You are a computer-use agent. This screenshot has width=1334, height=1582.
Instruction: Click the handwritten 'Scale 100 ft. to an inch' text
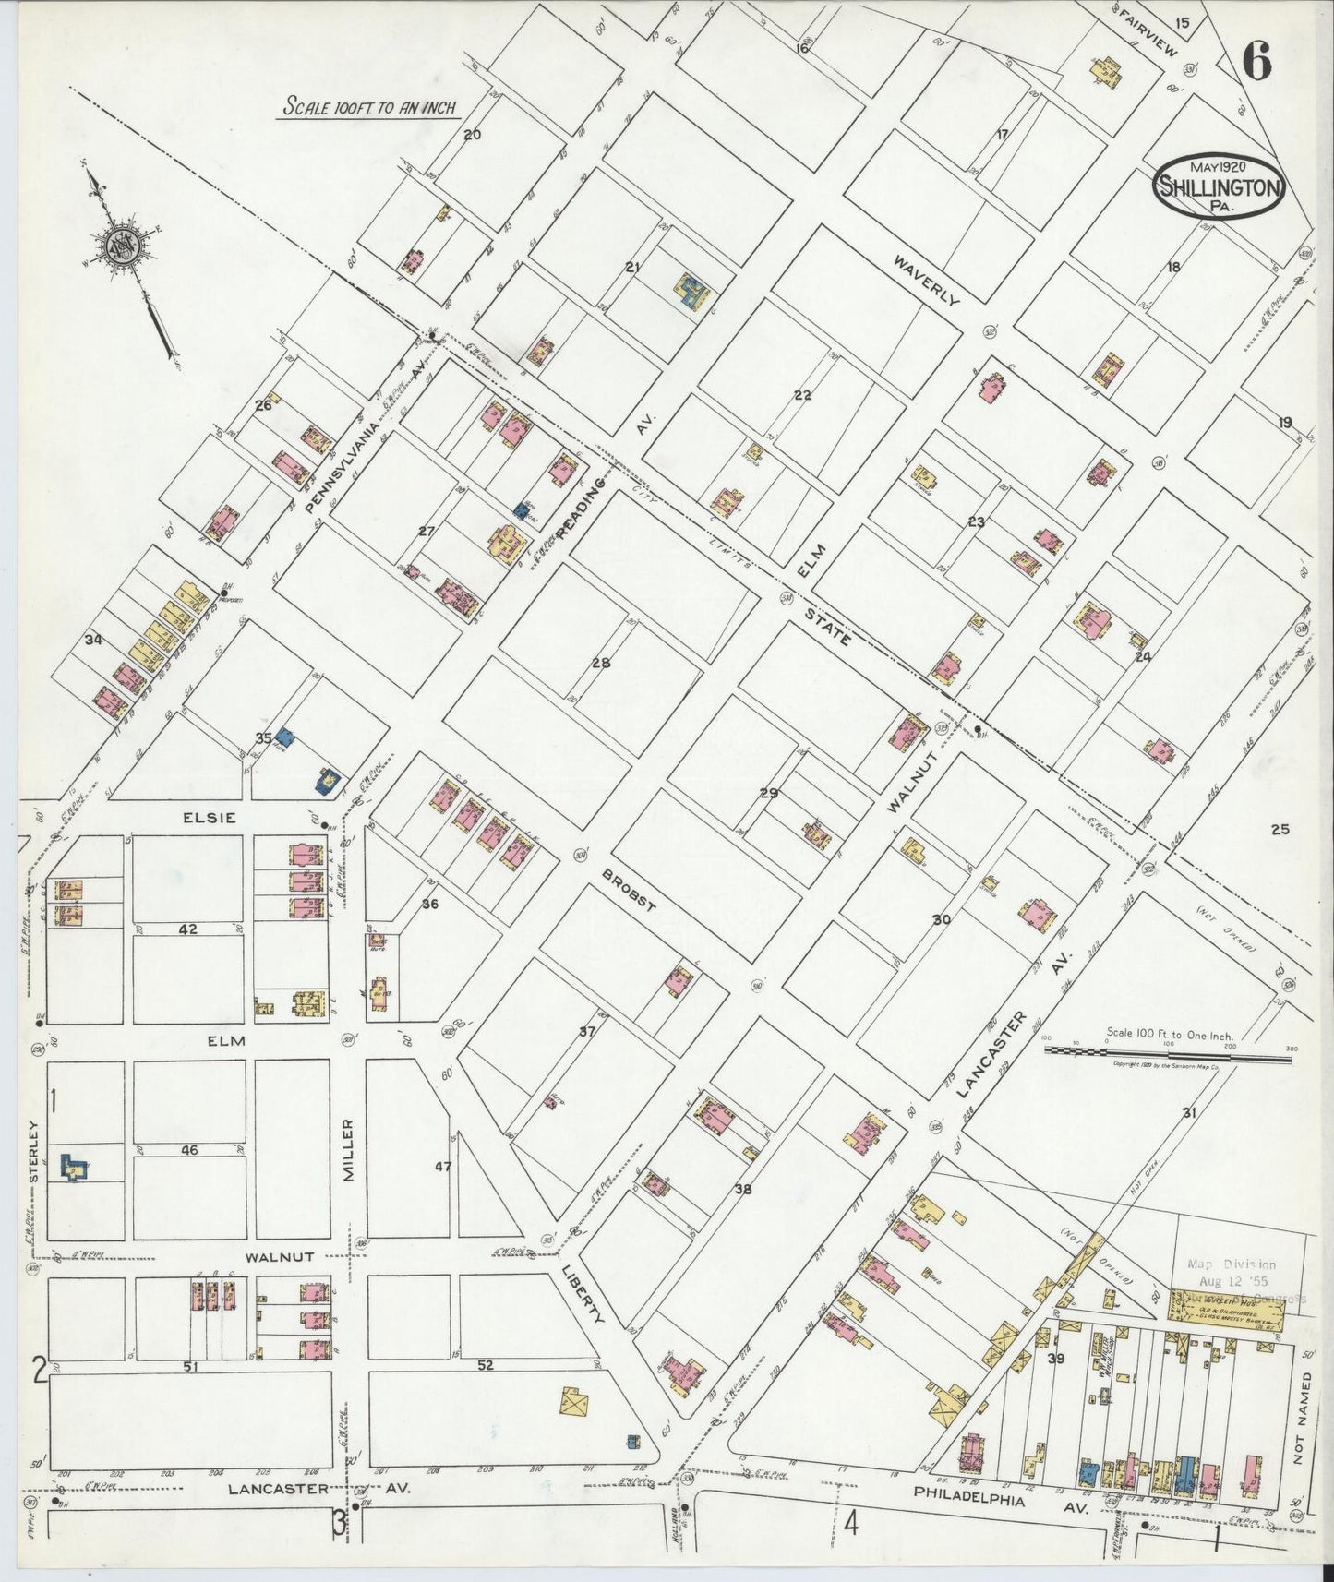pyautogui.click(x=370, y=107)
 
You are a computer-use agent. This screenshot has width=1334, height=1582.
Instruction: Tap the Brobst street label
pyautogui.click(x=629, y=891)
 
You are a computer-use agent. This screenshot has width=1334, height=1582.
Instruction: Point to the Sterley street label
pyautogui.click(x=34, y=1150)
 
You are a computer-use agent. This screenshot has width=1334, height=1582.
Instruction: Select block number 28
pyautogui.click(x=601, y=663)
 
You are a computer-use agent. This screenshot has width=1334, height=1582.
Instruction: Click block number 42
pyautogui.click(x=188, y=929)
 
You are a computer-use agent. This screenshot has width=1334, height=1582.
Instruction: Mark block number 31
pyautogui.click(x=1189, y=1113)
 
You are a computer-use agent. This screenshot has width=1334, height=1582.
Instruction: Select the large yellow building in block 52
pyautogui.click(x=572, y=1401)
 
